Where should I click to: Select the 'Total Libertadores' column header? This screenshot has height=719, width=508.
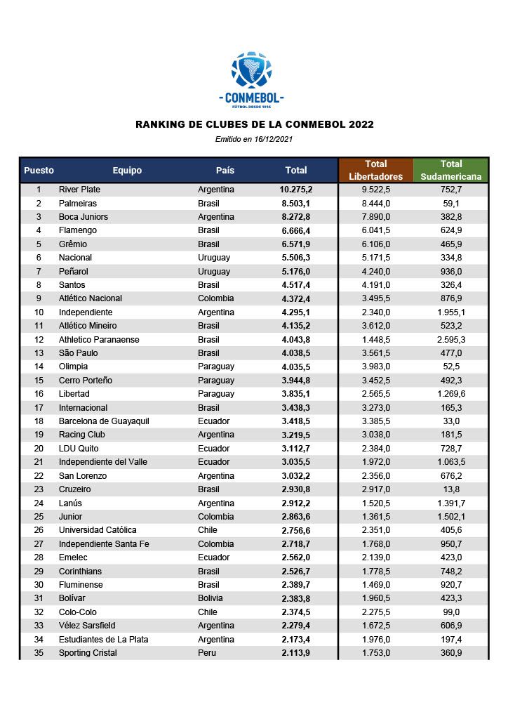[375, 170]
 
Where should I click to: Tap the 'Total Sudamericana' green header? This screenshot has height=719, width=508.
[451, 170]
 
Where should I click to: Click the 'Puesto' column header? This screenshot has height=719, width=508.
[39, 171]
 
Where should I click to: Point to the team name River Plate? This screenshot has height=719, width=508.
[79, 190]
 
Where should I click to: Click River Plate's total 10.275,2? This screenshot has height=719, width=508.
[296, 190]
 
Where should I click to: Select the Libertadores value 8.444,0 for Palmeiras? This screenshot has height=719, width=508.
[375, 203]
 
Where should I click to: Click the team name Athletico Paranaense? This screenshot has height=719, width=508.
[99, 339]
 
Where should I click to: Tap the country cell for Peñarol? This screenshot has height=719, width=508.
[213, 271]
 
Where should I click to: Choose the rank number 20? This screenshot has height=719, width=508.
[39, 448]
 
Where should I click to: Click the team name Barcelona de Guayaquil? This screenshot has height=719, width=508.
[104, 421]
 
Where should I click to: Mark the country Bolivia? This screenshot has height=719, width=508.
[210, 598]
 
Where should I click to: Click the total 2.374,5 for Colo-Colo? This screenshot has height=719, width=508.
[296, 612]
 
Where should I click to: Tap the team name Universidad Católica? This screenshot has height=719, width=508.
[98, 530]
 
